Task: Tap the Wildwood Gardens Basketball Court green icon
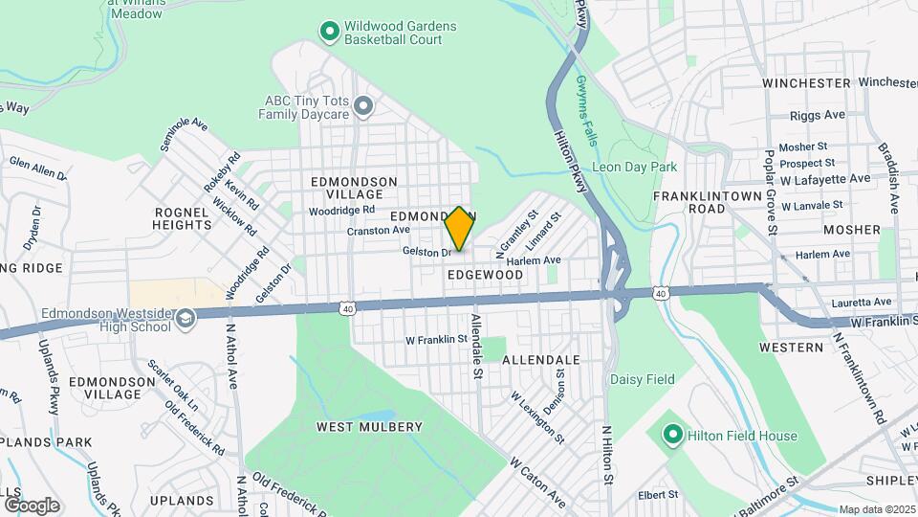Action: (330, 32)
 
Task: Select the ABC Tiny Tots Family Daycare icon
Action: (362, 105)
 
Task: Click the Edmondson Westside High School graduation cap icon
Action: (186, 319)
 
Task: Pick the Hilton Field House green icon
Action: (672, 436)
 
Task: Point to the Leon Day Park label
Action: (634, 167)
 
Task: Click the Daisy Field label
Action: (643, 380)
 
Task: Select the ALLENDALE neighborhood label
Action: (541, 360)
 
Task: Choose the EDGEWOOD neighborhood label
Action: (486, 275)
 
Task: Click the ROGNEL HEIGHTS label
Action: (182, 218)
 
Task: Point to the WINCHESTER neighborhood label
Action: (806, 83)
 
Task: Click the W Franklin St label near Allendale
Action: (436, 339)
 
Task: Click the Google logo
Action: (31, 505)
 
